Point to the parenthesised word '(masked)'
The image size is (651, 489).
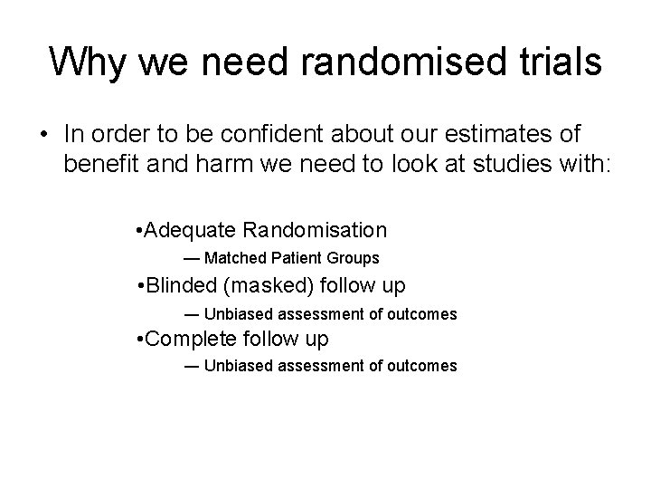tap(269, 286)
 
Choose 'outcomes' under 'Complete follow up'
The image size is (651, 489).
tap(425, 367)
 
